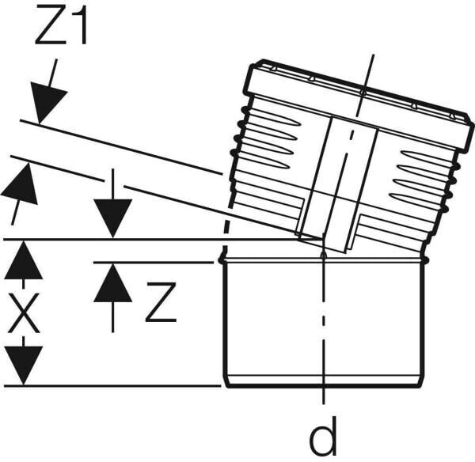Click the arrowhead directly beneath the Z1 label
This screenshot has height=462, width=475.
click(48, 101)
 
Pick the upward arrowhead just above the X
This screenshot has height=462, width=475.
click(23, 261)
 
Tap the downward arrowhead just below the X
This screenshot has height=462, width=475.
click(23, 364)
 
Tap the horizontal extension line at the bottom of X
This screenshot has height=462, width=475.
click(111, 386)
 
